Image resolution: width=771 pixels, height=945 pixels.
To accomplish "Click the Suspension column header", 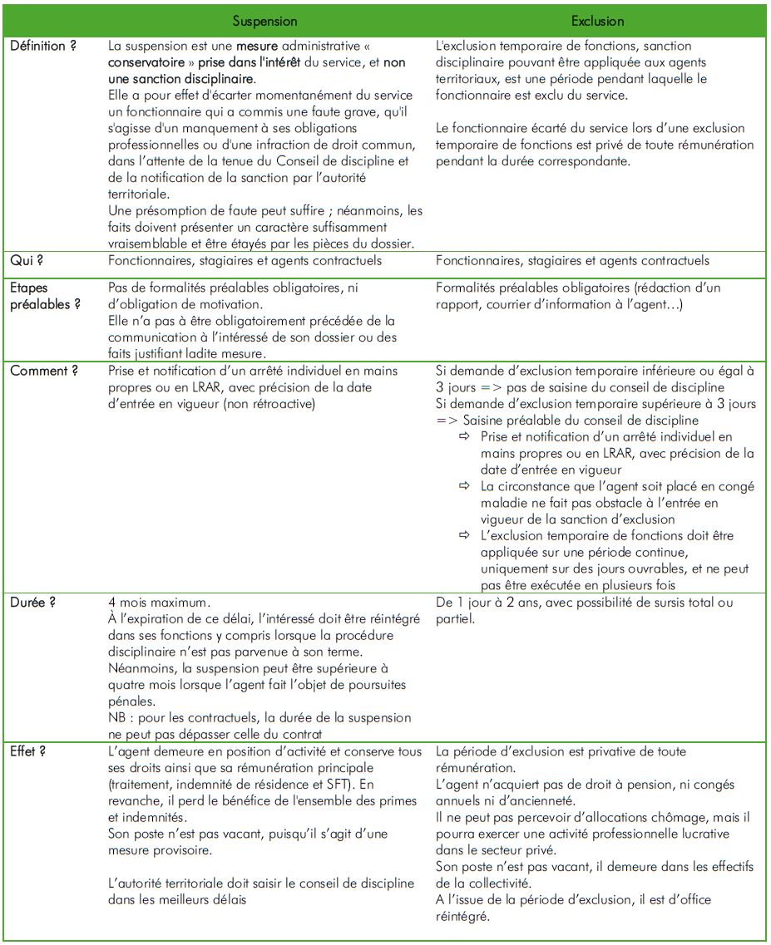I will coord(264,21).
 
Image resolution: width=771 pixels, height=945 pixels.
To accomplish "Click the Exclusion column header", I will coord(597,21).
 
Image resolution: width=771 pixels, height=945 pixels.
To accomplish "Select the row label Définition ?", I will coord(43,46).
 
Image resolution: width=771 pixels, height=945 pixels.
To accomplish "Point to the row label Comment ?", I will coord(44,371).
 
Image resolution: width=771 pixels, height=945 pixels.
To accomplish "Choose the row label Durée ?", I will coord(33,602).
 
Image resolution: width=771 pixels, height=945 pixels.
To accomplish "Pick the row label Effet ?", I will coord(28,751).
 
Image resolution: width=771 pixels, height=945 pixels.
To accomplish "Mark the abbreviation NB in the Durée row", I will coord(116,718).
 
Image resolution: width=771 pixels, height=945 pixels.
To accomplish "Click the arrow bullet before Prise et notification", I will coord(464,437).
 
